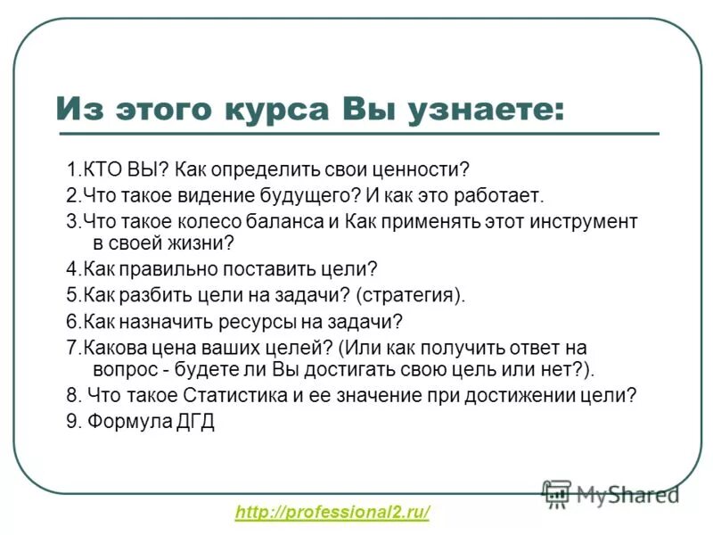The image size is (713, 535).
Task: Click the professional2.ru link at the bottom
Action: point(332,512)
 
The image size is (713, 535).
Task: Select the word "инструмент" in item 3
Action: point(580,220)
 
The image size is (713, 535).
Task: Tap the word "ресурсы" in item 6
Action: point(267,321)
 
